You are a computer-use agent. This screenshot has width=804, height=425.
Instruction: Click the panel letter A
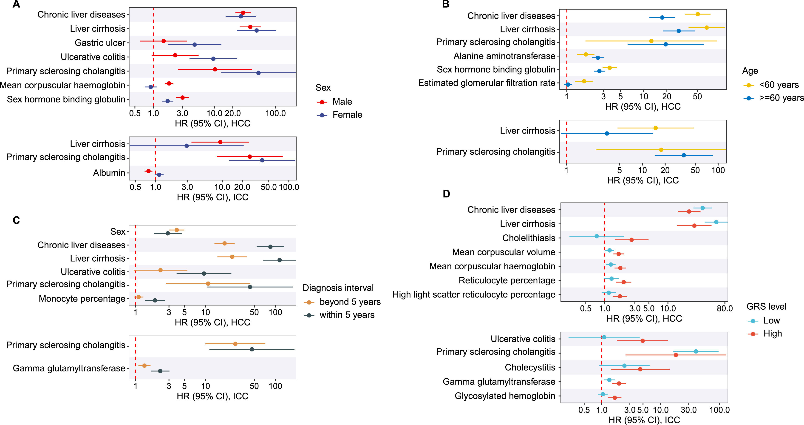pyautogui.click(x=16, y=4)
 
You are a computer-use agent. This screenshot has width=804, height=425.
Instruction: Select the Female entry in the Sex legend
pyautogui.click(x=347, y=115)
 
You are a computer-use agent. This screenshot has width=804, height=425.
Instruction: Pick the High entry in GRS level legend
pyautogui.click(x=773, y=334)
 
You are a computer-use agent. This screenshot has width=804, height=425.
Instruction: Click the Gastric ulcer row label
pyautogui.click(x=100, y=43)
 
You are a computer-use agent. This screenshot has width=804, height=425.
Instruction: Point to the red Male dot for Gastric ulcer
pyautogui.click(x=164, y=41)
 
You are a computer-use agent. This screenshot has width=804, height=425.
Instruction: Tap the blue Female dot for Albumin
pyautogui.click(x=159, y=174)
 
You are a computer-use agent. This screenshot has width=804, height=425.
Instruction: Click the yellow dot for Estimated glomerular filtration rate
pyautogui.click(x=584, y=81)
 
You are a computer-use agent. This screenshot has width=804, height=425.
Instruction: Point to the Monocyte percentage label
pyautogui.click(x=82, y=299)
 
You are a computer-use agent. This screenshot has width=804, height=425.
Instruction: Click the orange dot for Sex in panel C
pyautogui.click(x=177, y=230)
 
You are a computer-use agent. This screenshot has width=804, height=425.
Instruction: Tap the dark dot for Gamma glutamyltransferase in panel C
pyautogui.click(x=160, y=371)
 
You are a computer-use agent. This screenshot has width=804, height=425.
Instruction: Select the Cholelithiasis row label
pyautogui.click(x=529, y=238)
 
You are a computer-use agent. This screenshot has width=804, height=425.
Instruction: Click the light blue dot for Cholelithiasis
pyautogui.click(x=596, y=236)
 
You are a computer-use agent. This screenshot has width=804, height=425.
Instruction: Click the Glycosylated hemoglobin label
pyautogui.click(x=505, y=396)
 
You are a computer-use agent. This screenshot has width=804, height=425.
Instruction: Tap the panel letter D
pyautogui.click(x=446, y=194)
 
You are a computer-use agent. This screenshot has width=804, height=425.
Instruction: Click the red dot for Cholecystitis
pyautogui.click(x=640, y=369)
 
